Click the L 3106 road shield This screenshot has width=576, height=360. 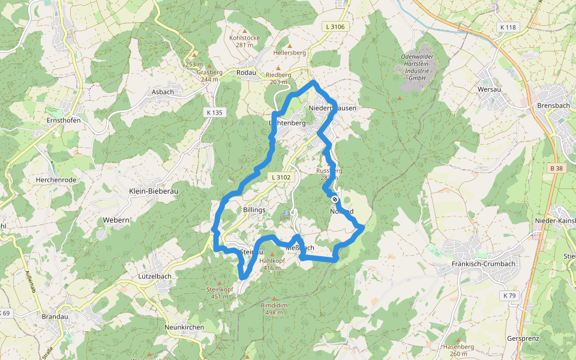[335, 26]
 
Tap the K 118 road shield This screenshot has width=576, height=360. [508, 27]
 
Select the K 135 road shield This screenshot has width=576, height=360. [214, 112]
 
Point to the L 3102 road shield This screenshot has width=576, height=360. [281, 177]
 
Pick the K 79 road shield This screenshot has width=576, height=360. [509, 295]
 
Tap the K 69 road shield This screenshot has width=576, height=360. [5, 313]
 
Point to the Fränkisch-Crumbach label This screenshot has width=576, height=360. [475, 264]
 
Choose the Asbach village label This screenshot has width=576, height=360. [163, 92]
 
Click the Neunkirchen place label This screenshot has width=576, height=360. [184, 328]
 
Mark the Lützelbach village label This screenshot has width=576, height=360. [154, 277]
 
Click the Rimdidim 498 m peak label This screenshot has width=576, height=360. [275, 308]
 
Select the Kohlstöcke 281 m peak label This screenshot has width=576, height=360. [244, 41]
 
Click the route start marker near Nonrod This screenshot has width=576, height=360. [335, 199]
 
